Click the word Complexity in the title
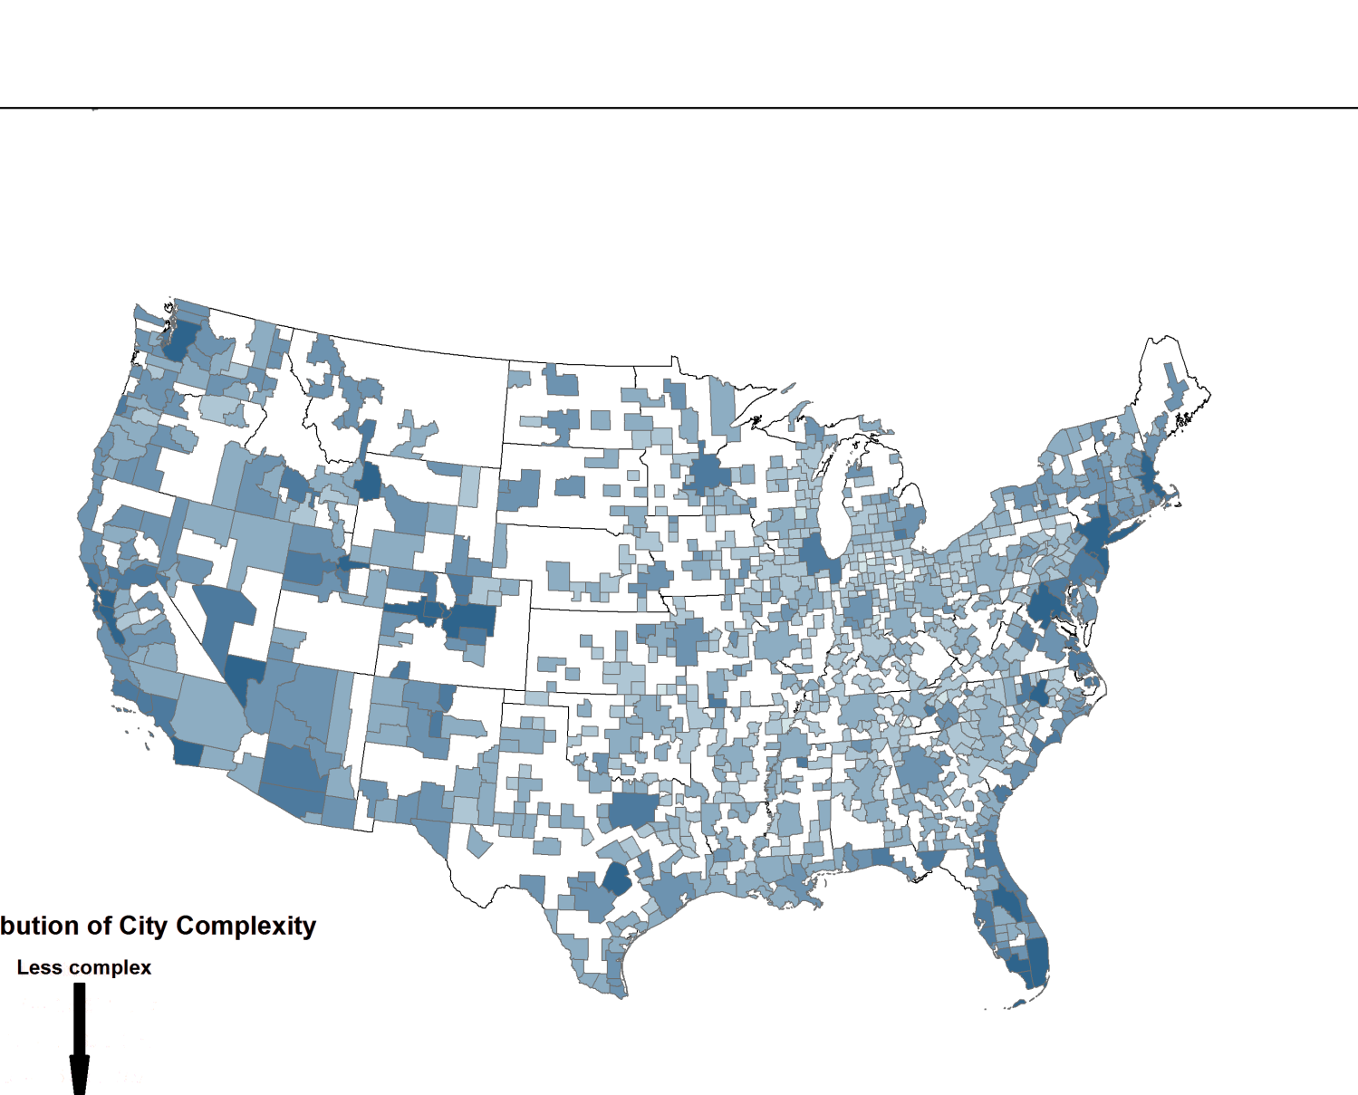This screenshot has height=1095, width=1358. (x=246, y=926)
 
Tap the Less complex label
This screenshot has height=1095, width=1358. (x=84, y=967)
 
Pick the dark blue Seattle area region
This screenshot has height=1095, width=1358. (x=178, y=339)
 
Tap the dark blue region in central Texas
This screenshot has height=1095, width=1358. (x=617, y=879)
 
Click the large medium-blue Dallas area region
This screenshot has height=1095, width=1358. (x=631, y=811)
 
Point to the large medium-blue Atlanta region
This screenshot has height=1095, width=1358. (x=920, y=770)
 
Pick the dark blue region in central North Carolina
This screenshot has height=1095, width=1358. (x=1038, y=696)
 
